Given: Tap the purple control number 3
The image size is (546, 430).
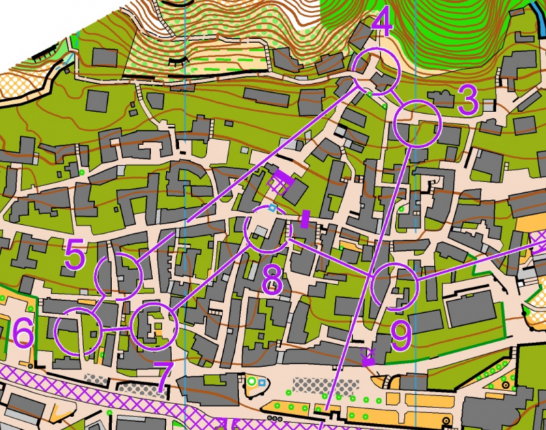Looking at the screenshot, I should pos(468,102).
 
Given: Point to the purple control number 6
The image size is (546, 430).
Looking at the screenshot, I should pos(23,334).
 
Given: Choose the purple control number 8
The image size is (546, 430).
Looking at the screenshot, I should pos(272,279).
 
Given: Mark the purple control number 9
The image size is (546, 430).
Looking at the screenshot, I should pos(401,335).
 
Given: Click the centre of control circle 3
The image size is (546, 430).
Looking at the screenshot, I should pos(417,123).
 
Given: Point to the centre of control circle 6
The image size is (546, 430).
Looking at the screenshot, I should pos(78,331).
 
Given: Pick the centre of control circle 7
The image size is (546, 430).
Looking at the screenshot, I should pos(153,326).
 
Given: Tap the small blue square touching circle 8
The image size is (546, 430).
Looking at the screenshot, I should pos(272,207).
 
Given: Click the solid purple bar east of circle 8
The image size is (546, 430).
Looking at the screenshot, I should pos(305,219).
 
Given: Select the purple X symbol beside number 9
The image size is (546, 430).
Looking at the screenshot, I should pos(369,356).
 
